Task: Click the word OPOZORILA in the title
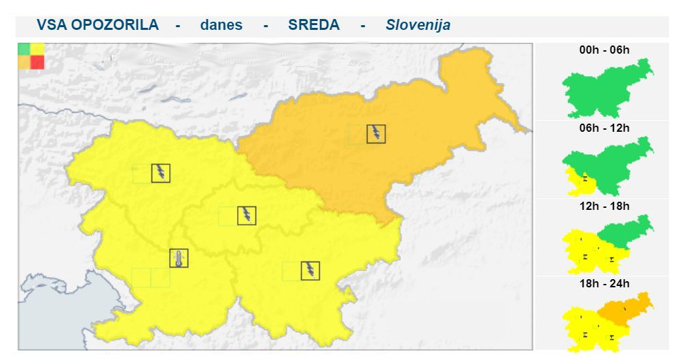click(x=115, y=25)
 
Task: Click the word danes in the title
click(x=221, y=25)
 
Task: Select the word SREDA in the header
click(x=313, y=25)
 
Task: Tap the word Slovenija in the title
click(x=418, y=25)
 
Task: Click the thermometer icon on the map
click(x=179, y=258)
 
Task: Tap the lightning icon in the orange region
click(x=376, y=133)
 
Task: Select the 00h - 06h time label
click(x=605, y=50)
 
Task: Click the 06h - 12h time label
click(x=605, y=128)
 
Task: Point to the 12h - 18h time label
click(x=605, y=206)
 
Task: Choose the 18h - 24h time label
click(x=605, y=283)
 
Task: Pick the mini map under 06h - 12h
click(x=607, y=166)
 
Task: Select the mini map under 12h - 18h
click(x=607, y=243)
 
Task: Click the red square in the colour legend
click(x=37, y=62)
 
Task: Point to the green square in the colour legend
click(x=24, y=49)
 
